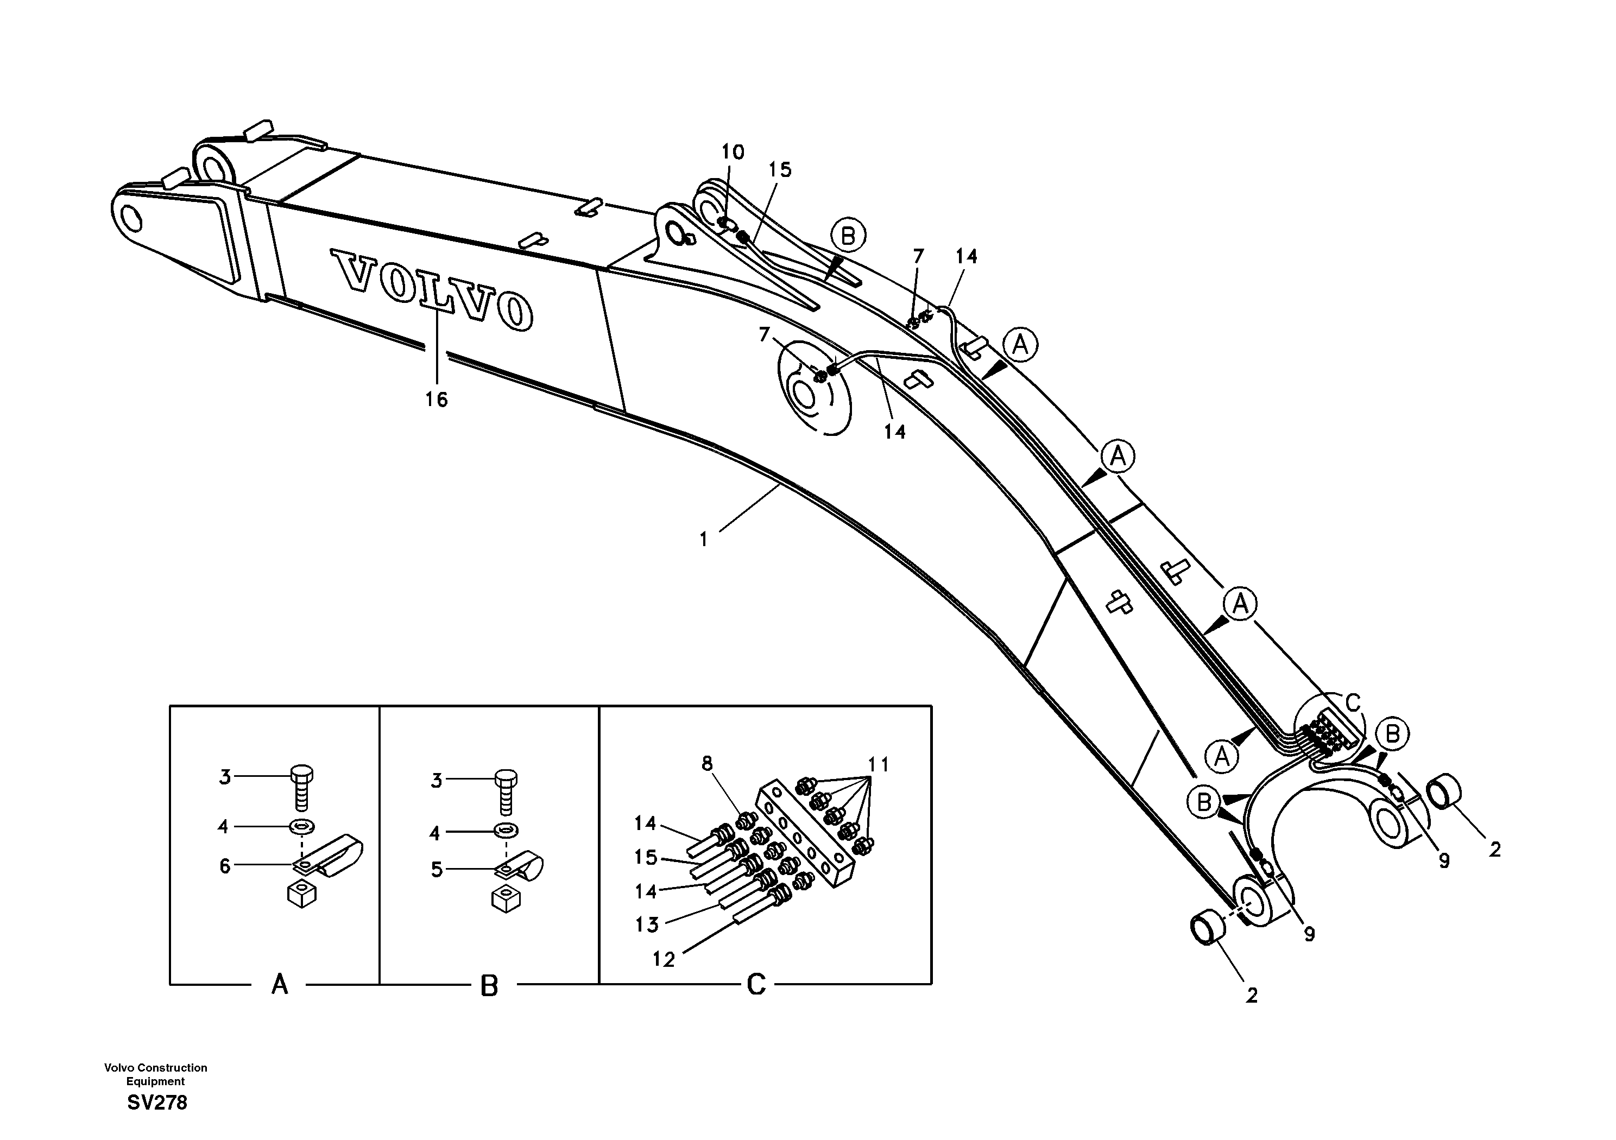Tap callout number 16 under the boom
tap(437, 400)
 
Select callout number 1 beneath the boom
tap(703, 540)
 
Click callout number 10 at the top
tap(732, 152)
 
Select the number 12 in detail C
tap(664, 959)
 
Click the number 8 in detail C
tap(706, 763)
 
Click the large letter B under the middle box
tap(489, 986)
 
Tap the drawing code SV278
tap(157, 1102)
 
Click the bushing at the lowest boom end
tap(1207, 929)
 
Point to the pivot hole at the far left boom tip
tap(131, 219)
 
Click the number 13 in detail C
tap(647, 924)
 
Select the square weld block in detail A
tap(302, 895)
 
